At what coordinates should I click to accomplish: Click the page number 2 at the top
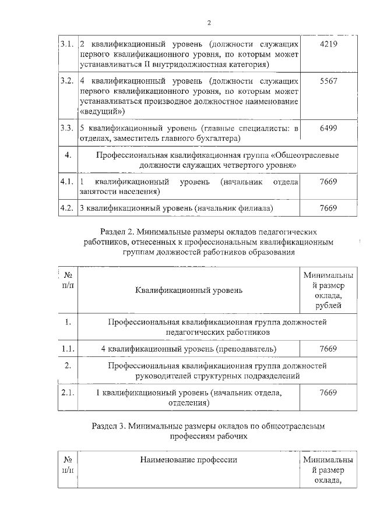point(209,23)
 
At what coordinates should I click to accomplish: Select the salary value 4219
point(329,44)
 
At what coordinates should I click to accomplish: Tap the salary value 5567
point(329,82)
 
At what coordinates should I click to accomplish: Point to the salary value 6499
point(329,128)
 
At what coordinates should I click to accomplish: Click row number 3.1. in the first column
point(67,44)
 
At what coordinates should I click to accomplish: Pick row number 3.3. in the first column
point(67,128)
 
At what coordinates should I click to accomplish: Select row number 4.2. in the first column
point(67,207)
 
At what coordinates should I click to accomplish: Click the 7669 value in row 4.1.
point(329,182)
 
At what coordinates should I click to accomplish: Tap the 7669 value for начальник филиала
point(329,207)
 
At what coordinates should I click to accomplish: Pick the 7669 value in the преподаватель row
point(329,349)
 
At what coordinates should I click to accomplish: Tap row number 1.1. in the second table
point(68,349)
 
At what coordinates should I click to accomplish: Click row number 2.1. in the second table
point(68,392)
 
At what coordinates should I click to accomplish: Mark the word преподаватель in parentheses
point(245,349)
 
